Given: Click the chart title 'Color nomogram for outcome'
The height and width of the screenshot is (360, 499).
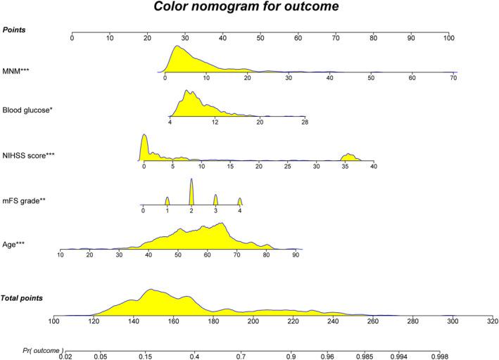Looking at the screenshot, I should point(249,8).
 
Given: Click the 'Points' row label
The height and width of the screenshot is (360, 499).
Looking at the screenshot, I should point(16,28).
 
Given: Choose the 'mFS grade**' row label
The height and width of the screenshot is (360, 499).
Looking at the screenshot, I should point(25,202).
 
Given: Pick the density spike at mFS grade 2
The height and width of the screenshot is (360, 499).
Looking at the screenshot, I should point(191,191).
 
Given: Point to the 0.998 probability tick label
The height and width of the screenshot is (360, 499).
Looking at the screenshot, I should point(439,356).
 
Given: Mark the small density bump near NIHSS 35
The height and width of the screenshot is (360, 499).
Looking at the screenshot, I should point(348,157).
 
